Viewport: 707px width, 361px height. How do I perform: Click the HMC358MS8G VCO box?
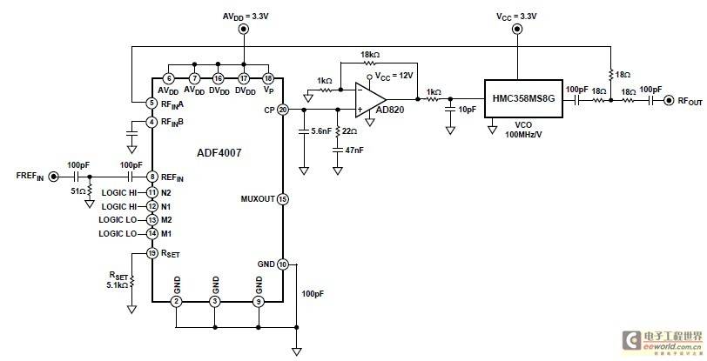[x=523, y=98]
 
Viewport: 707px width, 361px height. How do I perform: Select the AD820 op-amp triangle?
[x=370, y=100]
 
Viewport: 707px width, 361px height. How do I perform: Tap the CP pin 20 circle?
[x=283, y=110]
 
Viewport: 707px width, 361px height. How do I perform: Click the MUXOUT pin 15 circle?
[x=283, y=198]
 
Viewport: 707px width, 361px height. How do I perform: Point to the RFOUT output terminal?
[x=668, y=101]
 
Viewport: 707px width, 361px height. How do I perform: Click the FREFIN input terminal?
[x=54, y=177]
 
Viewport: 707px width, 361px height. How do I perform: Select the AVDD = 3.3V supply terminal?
[x=244, y=30]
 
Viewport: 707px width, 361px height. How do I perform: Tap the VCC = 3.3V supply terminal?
[x=517, y=30]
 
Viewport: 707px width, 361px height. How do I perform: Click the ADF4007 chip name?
[x=219, y=153]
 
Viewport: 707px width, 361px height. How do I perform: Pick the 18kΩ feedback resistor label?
[x=370, y=55]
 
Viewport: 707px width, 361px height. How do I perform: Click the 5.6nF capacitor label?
[x=321, y=131]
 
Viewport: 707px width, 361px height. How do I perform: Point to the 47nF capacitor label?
[x=354, y=150]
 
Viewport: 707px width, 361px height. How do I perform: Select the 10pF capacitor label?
[x=467, y=109]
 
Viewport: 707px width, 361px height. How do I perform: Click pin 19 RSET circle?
[x=152, y=253]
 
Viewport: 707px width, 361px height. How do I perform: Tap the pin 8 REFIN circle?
[x=152, y=177]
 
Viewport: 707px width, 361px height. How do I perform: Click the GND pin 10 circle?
[x=283, y=264]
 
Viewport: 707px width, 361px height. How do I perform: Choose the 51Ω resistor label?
[x=77, y=191]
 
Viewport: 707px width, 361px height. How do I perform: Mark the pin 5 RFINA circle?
[x=152, y=103]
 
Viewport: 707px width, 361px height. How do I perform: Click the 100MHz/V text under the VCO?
[x=523, y=134]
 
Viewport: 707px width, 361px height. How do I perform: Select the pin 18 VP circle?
[x=268, y=78]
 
